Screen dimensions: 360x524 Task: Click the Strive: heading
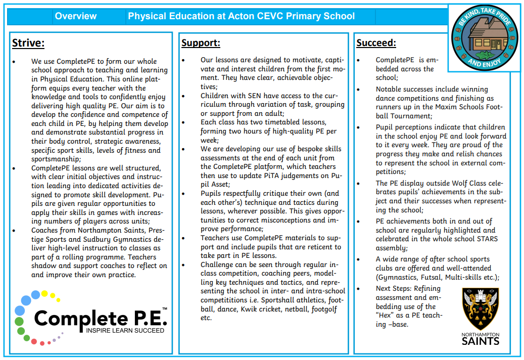pos(28,42)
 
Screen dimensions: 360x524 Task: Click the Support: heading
pos(201,43)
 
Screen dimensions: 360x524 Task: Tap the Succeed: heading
pos(376,43)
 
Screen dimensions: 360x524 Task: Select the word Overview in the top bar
pos(76,16)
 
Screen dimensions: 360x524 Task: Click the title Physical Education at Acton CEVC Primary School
pos(241,16)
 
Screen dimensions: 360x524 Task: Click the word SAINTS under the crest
pos(481,341)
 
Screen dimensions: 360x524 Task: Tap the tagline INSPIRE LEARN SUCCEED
pos(125,331)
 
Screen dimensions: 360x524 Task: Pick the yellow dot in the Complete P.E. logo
pos(45,293)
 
